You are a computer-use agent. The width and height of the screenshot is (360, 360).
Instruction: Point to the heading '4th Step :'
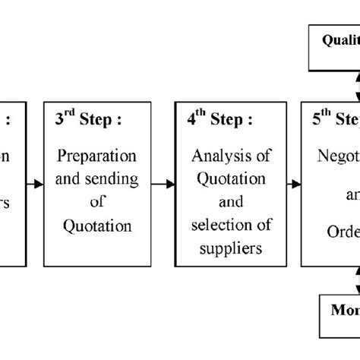pos(218,119)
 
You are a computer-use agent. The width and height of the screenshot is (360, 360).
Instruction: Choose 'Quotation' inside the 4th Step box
pos(229,179)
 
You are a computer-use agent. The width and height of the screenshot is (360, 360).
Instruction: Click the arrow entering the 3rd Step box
pos(34,184)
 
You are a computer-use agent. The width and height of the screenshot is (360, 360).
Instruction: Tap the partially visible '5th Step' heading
pos(334,119)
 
